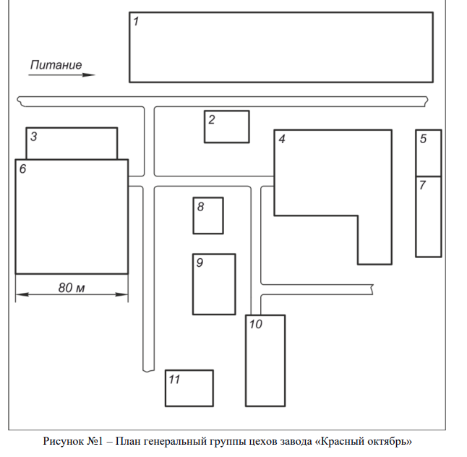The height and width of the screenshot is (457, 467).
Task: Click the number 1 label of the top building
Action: [x=136, y=21]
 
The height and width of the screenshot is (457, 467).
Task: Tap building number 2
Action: [x=226, y=127]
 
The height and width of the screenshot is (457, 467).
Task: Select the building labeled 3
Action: [x=72, y=143]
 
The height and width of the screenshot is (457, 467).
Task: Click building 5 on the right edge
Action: [x=428, y=153]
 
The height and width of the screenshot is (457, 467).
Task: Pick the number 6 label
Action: [x=22, y=169]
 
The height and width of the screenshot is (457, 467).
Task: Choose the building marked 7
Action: [x=428, y=216]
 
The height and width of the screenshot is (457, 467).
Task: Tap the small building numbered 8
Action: [x=207, y=215]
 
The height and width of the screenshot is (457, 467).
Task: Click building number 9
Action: [x=214, y=284]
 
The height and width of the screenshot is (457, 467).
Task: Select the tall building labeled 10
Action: [x=265, y=360]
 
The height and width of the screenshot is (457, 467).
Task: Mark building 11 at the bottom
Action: [x=189, y=388]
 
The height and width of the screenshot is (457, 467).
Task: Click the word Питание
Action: [x=56, y=65]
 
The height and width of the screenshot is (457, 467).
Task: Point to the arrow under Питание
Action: [x=62, y=74]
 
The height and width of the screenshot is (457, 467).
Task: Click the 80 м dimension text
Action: [x=72, y=288]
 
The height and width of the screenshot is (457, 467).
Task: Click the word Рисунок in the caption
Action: [x=64, y=440]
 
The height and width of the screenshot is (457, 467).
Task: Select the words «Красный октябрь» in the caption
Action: [x=369, y=440]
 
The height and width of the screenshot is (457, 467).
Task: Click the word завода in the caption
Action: [x=295, y=440]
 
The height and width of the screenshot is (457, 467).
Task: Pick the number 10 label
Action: [x=255, y=324]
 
